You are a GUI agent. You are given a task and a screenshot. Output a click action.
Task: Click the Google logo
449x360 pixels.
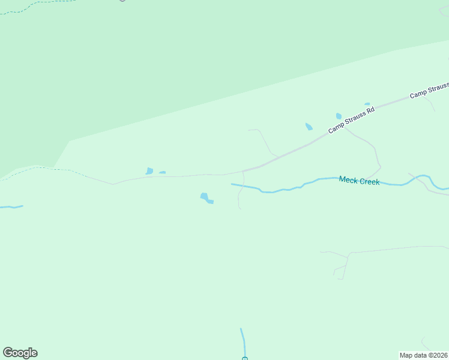click(20, 353)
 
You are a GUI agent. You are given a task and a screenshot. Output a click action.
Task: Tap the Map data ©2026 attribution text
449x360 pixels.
click(423, 355)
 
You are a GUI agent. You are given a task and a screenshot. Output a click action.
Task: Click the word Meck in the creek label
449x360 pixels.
click(348, 179)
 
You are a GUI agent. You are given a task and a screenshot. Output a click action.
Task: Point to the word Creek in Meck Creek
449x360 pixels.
click(369, 181)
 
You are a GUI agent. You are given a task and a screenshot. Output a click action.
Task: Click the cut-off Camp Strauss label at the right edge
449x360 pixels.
click(429, 91)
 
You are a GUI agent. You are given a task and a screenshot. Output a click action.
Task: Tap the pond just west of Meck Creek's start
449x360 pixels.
click(205, 197)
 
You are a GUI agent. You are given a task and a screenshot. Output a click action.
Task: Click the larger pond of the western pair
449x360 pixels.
click(149, 171)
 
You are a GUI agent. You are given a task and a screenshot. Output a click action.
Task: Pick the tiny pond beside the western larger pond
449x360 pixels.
click(162, 172)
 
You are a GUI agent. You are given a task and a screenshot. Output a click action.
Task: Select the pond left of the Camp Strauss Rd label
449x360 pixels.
click(309, 127)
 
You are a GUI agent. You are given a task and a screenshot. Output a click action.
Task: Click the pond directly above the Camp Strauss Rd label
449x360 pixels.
click(339, 116)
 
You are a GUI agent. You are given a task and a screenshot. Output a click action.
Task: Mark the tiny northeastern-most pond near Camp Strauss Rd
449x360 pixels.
click(367, 104)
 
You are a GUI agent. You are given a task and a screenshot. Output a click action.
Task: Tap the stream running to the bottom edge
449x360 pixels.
click(243, 342)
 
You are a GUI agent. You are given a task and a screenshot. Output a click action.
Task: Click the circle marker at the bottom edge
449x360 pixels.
click(245, 359)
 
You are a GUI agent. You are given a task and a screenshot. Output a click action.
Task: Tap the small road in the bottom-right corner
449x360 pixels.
click(424, 343)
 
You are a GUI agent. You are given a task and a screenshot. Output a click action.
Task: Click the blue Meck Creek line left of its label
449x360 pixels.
click(282, 190)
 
